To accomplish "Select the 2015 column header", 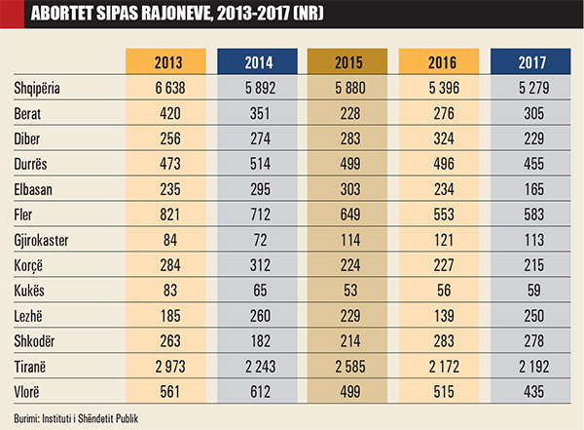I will [x=348, y=62].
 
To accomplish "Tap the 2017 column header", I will [x=529, y=62].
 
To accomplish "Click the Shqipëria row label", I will [x=38, y=87].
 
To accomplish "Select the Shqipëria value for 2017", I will [x=529, y=87].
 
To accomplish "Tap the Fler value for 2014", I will [x=258, y=214].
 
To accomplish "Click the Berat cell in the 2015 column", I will [x=348, y=112].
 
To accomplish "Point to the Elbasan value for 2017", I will [x=529, y=188].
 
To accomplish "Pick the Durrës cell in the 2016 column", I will [x=439, y=163].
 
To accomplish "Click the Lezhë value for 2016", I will [x=439, y=315].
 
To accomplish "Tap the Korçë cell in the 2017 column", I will [x=529, y=264].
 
